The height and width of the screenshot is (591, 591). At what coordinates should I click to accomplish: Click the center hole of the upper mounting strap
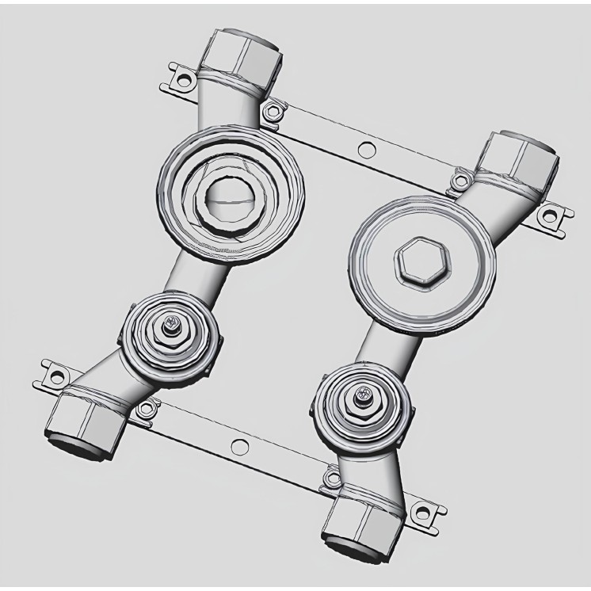click(365, 148)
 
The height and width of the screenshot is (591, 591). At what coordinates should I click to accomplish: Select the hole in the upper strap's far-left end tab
click(183, 79)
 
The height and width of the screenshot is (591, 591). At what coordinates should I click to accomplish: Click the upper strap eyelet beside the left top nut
click(273, 111)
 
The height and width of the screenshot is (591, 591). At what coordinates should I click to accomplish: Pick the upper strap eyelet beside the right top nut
click(459, 182)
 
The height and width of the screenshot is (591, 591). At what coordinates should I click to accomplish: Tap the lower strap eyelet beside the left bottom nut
click(144, 408)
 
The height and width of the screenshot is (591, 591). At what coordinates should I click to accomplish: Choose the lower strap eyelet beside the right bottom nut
click(330, 478)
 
